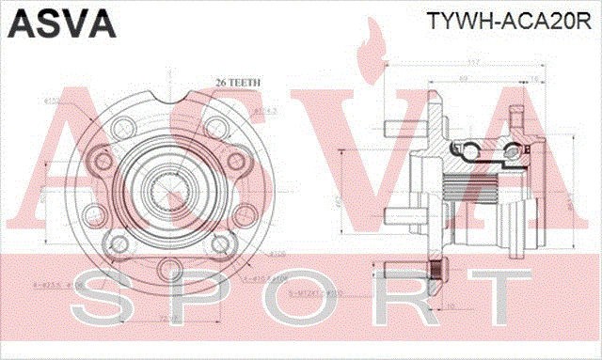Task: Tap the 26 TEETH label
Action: (236, 82)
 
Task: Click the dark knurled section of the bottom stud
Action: (438, 274)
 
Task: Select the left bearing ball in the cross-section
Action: (467, 148)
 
